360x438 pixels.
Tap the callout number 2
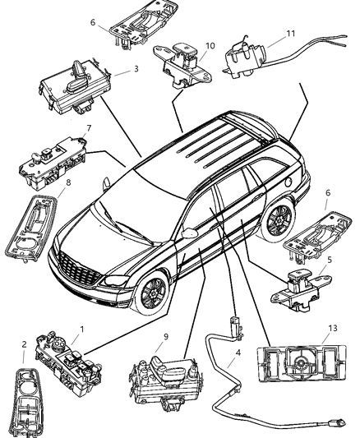pyautogui.click(x=24, y=345)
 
